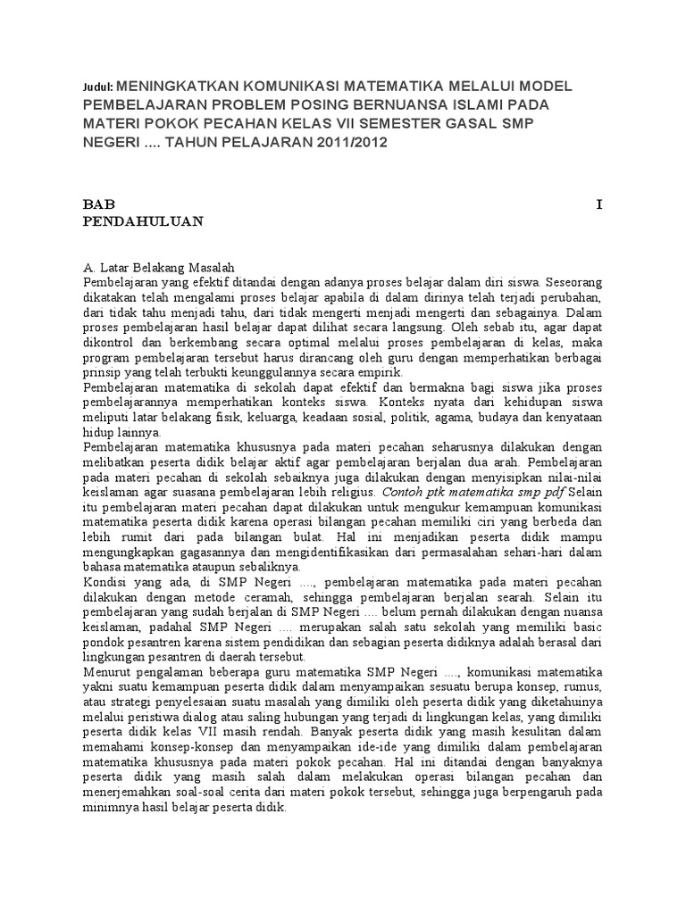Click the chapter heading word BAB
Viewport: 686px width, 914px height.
pos(98,204)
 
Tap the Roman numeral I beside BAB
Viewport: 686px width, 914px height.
pos(600,204)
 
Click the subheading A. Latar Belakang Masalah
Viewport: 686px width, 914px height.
pos(157,267)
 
